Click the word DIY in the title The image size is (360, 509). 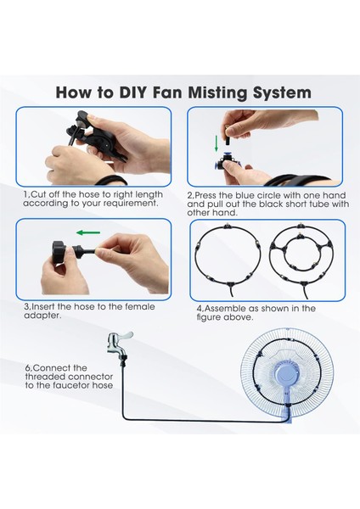click(133, 92)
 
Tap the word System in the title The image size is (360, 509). click(282, 93)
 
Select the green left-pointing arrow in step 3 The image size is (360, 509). click(88, 232)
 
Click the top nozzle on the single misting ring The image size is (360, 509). click(228, 226)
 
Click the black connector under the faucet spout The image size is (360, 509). click(124, 360)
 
